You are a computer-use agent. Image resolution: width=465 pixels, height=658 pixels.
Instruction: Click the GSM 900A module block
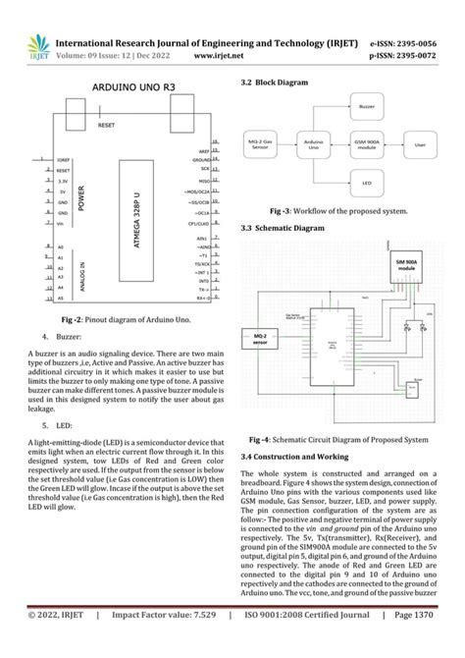(366, 142)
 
